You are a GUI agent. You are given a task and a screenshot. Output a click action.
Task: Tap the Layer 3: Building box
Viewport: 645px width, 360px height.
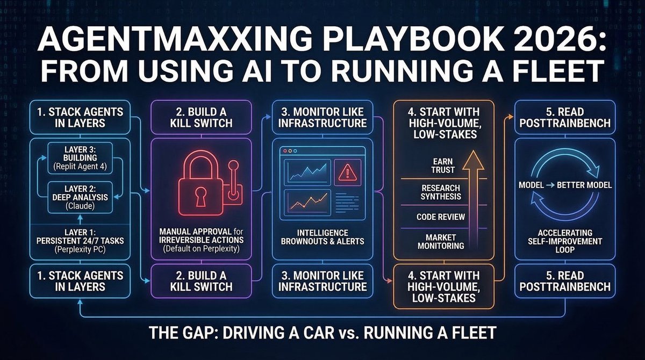80,158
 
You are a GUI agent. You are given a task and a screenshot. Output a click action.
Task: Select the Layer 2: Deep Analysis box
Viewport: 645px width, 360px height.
80,197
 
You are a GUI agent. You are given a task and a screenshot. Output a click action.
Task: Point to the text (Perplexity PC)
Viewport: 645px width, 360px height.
80,249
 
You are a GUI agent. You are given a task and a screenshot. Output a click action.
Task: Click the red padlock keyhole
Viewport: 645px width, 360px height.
200,196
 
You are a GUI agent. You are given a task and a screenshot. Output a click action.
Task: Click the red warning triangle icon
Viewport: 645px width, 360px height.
348,172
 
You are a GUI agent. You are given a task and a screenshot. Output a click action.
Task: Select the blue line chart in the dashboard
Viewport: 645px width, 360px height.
308,171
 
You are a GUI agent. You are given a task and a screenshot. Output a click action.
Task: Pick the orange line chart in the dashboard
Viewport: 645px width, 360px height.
308,201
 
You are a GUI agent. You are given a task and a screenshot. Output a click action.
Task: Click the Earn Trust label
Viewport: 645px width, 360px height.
442,165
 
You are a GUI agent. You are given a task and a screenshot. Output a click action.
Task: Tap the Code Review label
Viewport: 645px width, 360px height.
441,217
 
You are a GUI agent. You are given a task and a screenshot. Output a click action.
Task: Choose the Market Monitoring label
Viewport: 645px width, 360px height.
441,242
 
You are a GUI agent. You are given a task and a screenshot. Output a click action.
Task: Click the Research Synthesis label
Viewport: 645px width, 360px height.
441,192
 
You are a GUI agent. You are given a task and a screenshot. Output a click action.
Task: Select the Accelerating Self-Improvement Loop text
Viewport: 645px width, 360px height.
565,241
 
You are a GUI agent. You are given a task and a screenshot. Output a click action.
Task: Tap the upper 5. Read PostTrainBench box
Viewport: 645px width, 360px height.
565,118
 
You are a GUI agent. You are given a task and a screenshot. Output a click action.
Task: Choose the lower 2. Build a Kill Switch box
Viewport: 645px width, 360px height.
201,281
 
